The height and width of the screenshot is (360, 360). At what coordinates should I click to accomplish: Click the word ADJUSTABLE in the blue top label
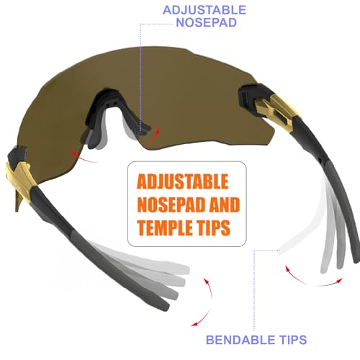click(x=204, y=10)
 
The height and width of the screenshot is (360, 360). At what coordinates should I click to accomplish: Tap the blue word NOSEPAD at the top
click(x=207, y=22)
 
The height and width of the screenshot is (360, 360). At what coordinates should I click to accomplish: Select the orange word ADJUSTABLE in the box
click(x=182, y=181)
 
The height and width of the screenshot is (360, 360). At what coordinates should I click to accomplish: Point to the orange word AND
click(x=225, y=204)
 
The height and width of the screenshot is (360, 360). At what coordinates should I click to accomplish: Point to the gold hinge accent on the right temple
click(x=276, y=109)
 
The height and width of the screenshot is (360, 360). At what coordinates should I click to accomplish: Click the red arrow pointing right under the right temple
click(x=330, y=283)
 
